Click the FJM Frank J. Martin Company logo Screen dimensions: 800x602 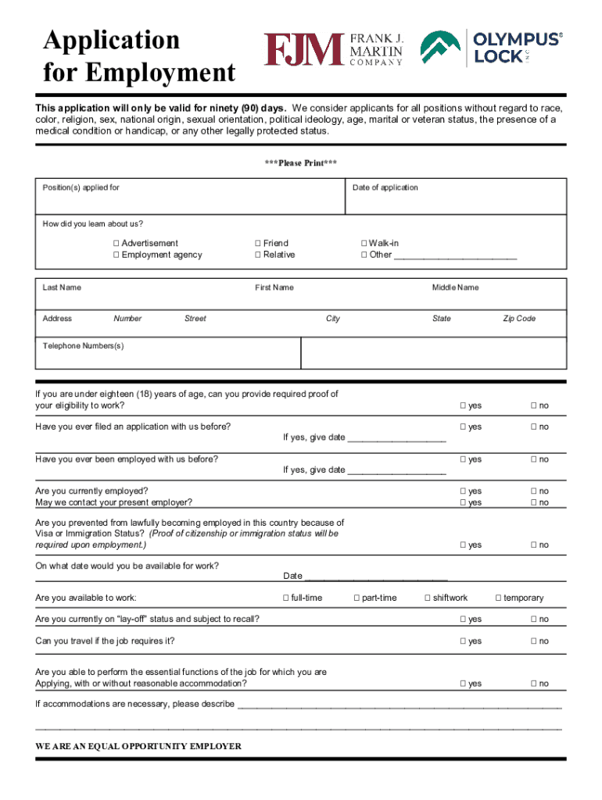pos(334,49)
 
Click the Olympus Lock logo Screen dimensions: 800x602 pos(491,48)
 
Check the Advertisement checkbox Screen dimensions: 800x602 pos(116,244)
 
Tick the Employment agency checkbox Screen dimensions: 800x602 pos(116,255)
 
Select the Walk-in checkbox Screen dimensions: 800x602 pos(363,244)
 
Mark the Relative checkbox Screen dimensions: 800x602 pos(257,255)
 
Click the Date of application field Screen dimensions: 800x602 pos(455,202)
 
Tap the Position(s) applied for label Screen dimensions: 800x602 pos(81,187)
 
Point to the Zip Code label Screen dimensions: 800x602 pos(518,319)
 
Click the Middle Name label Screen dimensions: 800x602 pos(455,287)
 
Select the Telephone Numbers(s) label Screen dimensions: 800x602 pos(83,346)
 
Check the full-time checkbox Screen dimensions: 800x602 pos(285,598)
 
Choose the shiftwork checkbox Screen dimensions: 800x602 pos(427,598)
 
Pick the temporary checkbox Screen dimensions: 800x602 pos(498,598)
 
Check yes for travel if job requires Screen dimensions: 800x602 pos(463,641)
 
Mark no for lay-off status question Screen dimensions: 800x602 pos(533,620)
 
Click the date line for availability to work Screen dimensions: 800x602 pos(375,577)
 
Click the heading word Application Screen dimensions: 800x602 pos(111,40)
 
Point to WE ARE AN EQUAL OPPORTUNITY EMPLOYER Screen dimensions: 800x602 pos(138,746)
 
